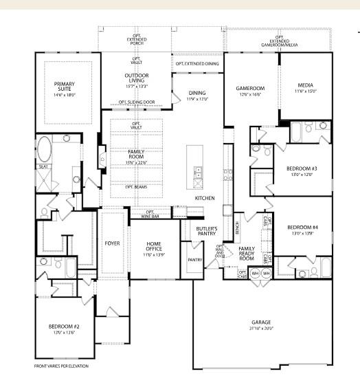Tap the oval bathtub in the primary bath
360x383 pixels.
pyautogui.click(x=45, y=149)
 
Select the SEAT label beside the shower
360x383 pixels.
pyautogui.click(x=43, y=166)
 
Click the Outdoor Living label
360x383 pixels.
pyautogui.click(x=137, y=78)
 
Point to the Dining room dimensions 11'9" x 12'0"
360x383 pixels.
pyautogui.click(x=196, y=99)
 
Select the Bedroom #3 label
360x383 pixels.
pyautogui.click(x=302, y=167)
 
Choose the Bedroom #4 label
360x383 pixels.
pyautogui.click(x=302, y=228)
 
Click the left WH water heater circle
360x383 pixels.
pyautogui.click(x=254, y=273)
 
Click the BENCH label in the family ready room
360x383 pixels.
pyautogui.click(x=237, y=226)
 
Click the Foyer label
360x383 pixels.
pyautogui.click(x=112, y=243)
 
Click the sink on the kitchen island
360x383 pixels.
pyautogui.click(x=198, y=175)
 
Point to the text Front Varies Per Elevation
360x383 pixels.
pyautogui.click(x=61, y=366)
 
